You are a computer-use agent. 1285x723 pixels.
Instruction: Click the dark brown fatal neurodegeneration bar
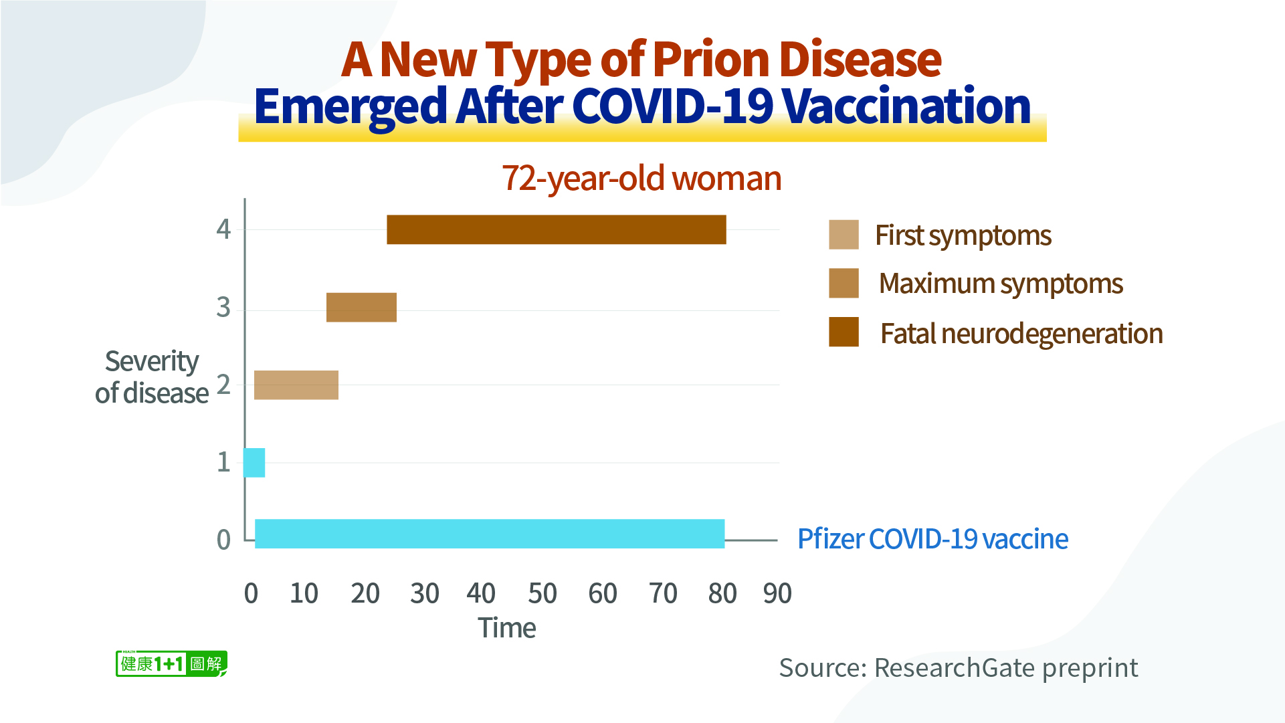coord(556,229)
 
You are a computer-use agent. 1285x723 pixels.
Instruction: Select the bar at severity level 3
coord(361,307)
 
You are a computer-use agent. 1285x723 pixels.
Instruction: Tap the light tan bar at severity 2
coord(296,385)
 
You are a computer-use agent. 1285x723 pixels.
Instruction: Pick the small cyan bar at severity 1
coord(254,462)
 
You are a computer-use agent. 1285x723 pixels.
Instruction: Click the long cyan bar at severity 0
coord(489,534)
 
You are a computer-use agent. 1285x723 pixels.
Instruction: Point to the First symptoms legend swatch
coord(844,235)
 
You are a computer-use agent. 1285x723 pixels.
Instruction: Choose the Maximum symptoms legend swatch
coord(844,283)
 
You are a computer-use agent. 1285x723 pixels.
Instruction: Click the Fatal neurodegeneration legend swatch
coord(844,332)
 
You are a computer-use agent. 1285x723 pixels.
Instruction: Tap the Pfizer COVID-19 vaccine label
coord(932,539)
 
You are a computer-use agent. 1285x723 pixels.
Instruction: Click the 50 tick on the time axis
coord(542,593)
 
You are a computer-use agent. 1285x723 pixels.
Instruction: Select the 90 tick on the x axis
coord(777,593)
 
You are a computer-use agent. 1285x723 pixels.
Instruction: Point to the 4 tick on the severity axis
coord(223,229)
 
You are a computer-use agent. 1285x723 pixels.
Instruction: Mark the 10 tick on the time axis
coord(304,593)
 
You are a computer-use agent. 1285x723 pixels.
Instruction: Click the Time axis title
coord(506,628)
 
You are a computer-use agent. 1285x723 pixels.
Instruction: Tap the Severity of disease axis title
coord(152,377)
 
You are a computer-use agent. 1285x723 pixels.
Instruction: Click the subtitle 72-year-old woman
coord(641,179)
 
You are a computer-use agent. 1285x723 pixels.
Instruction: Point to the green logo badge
coord(171,663)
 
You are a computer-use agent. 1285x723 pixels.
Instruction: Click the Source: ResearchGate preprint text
coord(958,667)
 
